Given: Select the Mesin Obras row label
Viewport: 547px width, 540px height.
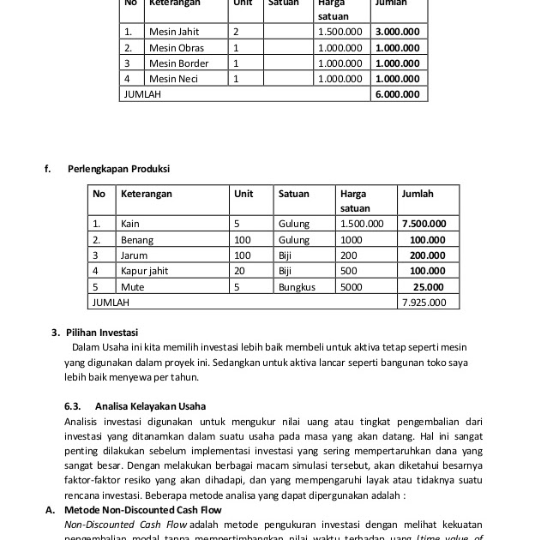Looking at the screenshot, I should tap(177, 47).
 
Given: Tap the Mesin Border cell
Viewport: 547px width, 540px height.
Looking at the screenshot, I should tap(178, 63).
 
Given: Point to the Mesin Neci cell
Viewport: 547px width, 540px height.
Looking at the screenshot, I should tap(174, 78).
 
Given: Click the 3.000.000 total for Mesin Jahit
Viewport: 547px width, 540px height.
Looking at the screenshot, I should tap(397, 32).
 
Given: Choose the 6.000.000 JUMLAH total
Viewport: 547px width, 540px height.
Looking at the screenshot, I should tap(397, 93).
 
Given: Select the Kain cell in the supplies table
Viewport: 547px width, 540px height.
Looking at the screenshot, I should tap(130, 224).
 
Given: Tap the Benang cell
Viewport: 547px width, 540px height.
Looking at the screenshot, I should tap(137, 240).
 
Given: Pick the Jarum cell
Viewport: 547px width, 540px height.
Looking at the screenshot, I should tap(134, 255).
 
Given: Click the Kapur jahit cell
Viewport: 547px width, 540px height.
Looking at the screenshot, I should tap(144, 271).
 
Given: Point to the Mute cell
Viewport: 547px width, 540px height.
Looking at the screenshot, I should tap(132, 286).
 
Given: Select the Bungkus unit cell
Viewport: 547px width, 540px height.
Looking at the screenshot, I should tap(297, 286).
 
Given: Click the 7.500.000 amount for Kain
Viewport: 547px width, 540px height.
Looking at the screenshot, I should tap(423, 224).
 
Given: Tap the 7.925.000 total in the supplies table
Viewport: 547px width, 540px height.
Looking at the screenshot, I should tap(424, 302).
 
